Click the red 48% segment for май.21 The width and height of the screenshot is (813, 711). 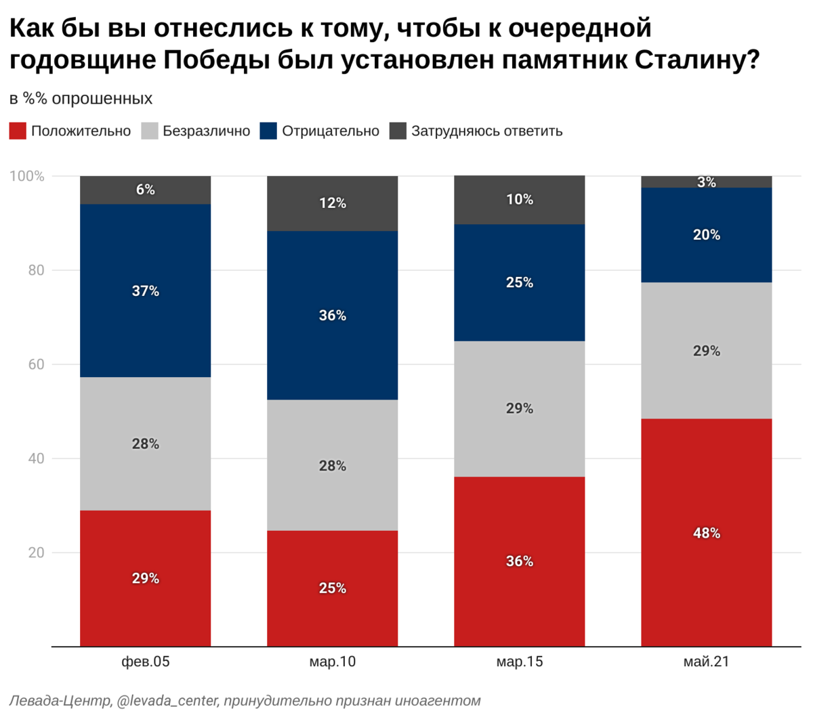coord(706,532)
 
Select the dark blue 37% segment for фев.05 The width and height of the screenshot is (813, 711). coord(145,290)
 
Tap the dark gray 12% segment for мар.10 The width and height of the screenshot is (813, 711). coord(332,203)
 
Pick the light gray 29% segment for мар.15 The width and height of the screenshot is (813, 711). coord(519,408)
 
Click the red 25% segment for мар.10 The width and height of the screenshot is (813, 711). coord(332,588)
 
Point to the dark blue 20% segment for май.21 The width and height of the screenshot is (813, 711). coord(706,235)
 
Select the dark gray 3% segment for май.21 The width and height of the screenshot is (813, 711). coord(706,181)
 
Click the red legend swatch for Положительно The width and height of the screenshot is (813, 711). coord(18,131)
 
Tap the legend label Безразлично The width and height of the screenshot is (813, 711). coord(206,131)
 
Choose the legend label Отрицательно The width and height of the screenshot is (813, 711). coord(331,131)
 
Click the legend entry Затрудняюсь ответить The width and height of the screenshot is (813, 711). coord(486,131)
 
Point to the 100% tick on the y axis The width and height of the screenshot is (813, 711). coord(27,177)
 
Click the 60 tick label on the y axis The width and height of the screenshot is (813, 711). coord(35,364)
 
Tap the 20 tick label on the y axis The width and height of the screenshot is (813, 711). coord(35,553)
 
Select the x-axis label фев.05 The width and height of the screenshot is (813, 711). coord(145,662)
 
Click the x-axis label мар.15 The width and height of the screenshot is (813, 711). coord(519,662)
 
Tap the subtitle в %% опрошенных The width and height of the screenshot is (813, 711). coord(81,99)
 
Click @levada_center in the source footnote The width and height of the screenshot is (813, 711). coord(167,700)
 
